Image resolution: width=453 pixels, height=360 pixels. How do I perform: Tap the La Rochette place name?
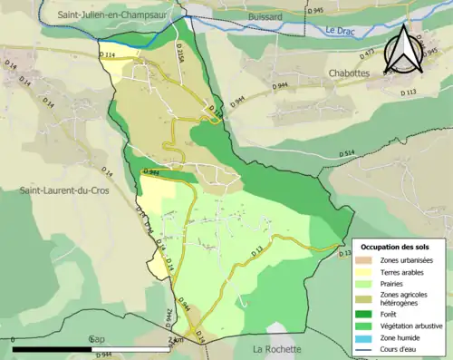(x=283, y=349)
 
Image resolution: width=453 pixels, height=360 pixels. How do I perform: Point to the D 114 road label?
(x=108, y=55)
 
